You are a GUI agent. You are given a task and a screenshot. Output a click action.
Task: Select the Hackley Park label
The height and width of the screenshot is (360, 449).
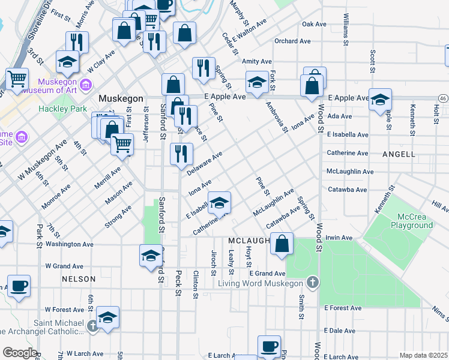coord(59,109)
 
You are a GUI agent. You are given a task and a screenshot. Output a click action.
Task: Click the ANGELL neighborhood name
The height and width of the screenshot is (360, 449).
coord(399,154)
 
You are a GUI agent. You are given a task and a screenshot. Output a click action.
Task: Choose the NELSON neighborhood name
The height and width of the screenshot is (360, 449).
coord(78,279)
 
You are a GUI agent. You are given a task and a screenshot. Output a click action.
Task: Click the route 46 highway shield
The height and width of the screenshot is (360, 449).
coord(442,98)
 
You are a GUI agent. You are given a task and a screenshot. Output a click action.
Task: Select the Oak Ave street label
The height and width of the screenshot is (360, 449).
coord(314,25)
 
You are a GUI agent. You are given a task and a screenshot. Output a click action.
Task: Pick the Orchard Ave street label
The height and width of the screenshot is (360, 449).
coord(292,41)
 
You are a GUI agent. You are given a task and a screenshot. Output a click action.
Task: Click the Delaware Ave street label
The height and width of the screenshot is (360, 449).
coord(205,164)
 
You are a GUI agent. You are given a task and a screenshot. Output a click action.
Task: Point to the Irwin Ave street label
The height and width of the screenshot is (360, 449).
coord(339,238)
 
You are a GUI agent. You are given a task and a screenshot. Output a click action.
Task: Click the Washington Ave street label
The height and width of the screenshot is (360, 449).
coord(70,245)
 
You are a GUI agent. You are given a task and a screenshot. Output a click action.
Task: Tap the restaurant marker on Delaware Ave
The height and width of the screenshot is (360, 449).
coord(181,154)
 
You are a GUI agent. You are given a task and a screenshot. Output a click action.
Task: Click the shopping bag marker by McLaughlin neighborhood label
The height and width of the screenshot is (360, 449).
coord(282,244)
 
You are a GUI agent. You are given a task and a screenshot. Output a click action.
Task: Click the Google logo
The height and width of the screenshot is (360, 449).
coord(20,353)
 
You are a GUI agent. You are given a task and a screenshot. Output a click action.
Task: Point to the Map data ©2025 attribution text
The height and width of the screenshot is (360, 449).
coord(423,355)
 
